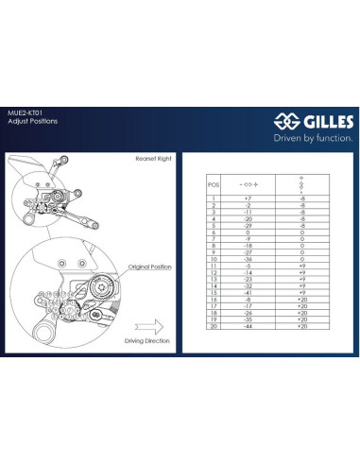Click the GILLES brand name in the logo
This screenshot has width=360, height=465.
coord(324,121)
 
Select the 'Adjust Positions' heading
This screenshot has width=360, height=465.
coord(32,122)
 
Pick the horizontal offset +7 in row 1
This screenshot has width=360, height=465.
coord(248,198)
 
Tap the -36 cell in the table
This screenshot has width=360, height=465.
coord(248,259)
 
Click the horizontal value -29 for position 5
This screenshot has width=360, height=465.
coord(248,226)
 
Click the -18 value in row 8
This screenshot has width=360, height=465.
coord(248,246)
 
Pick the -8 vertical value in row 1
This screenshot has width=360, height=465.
coord(302,198)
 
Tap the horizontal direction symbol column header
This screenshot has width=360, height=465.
coord(248,184)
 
